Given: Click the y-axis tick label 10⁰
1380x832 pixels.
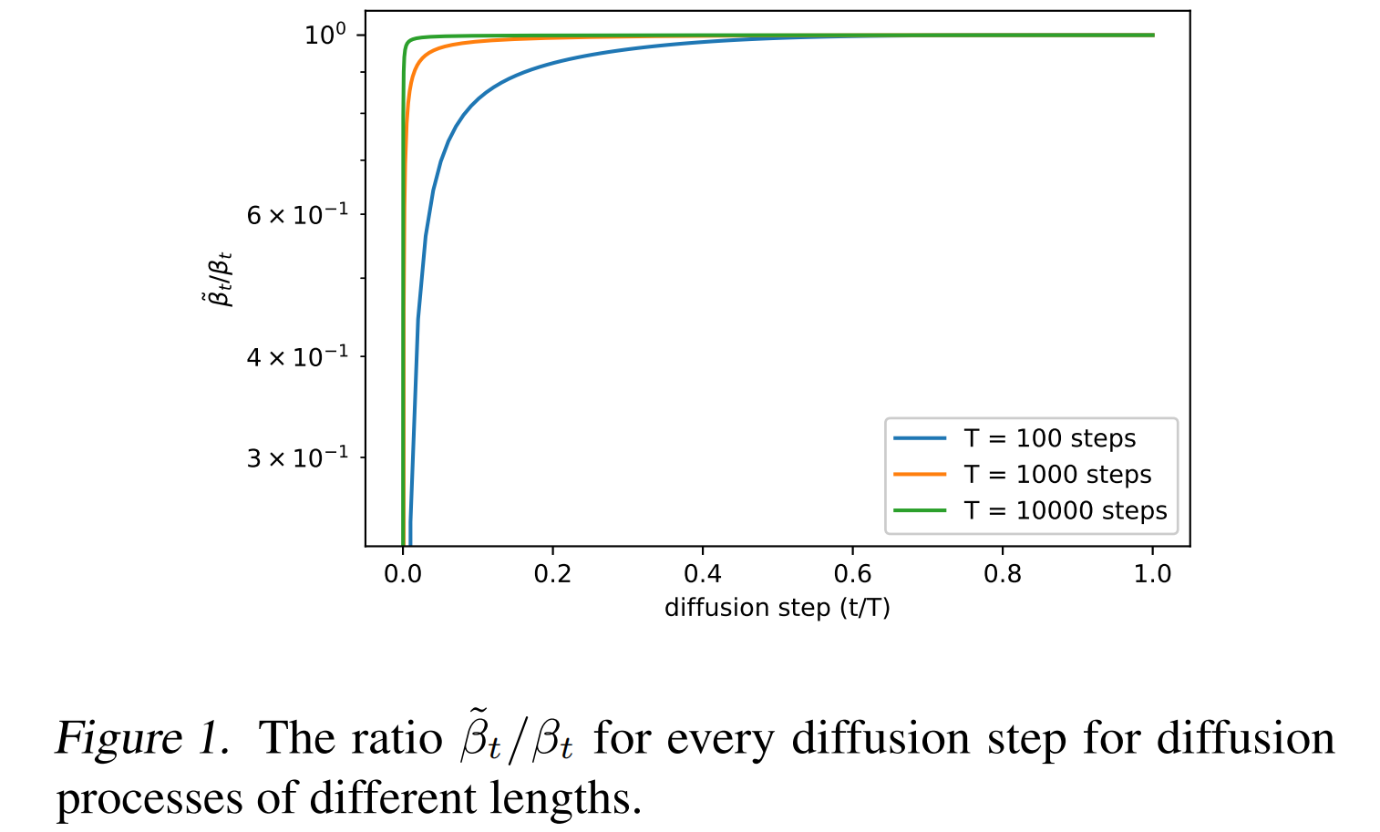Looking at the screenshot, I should tap(325, 35).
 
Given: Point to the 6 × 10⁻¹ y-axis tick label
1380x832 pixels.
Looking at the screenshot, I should tap(297, 215).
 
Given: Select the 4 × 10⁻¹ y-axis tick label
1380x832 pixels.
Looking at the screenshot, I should tap(297, 356).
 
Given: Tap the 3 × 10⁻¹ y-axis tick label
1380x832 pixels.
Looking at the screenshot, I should tap(297, 457).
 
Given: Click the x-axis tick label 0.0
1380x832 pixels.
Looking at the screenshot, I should tap(402, 574).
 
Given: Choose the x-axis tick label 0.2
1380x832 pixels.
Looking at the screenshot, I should tap(552, 574).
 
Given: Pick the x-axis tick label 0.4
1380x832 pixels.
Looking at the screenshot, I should tap(702, 574).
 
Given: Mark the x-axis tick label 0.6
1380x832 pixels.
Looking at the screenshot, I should tap(852, 574).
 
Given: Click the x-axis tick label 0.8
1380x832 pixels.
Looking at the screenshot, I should tap(1003, 574).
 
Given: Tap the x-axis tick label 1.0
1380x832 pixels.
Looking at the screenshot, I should tap(1152, 574).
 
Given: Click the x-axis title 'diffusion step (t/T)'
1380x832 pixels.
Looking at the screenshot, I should tap(777, 608).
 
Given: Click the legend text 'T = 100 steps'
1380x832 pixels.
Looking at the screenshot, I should tap(1049, 438).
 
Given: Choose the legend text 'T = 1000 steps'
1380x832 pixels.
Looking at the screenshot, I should tap(1057, 475).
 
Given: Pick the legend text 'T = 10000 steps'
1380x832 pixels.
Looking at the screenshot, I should tap(1065, 511).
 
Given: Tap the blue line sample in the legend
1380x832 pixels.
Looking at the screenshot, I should tap(920, 438).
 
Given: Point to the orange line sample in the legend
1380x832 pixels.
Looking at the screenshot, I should tap(920, 475).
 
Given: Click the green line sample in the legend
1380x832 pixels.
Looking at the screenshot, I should tap(920, 511).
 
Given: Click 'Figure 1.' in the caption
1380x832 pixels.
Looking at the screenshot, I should tap(142, 738).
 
